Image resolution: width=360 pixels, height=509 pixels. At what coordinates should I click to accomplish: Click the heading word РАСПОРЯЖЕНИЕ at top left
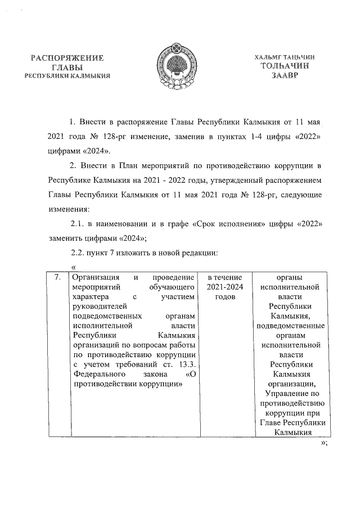click(x=68, y=58)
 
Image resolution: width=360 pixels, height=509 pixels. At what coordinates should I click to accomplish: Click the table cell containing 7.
click(x=57, y=278)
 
